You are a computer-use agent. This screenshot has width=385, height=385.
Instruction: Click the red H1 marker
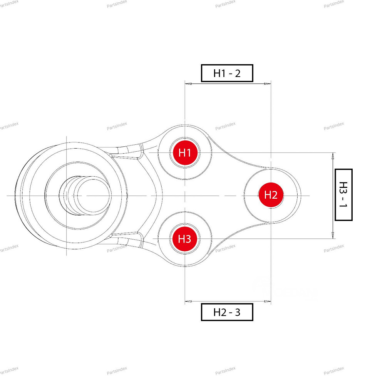[185, 153]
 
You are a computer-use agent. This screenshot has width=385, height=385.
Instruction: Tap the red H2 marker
[271, 195]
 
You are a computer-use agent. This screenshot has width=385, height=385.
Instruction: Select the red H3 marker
[185, 239]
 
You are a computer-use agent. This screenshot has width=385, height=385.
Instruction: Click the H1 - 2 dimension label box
[227, 73]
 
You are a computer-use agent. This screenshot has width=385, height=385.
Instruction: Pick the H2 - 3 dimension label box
[227, 312]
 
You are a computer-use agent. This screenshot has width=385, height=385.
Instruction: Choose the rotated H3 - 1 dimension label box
[343, 194]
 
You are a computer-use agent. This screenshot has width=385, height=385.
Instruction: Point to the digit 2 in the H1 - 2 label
[237, 73]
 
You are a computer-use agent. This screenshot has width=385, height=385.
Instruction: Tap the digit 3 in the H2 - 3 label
[237, 312]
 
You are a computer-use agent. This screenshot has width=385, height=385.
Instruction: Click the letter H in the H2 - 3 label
[217, 312]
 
